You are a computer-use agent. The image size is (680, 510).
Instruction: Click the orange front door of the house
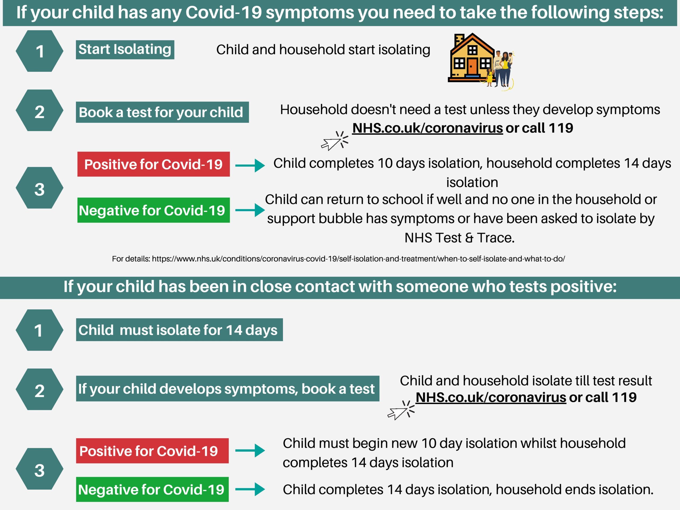point(473,67)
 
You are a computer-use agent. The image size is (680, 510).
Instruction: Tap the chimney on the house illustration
point(459,40)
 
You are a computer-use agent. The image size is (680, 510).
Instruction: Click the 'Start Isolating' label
point(125,49)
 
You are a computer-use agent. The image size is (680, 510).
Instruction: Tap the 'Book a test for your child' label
point(162,112)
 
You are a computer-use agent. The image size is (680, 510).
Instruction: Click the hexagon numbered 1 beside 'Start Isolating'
point(39,51)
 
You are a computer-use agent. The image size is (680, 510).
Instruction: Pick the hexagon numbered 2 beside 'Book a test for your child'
point(39,110)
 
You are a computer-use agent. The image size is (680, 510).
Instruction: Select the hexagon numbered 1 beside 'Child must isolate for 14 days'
point(39,330)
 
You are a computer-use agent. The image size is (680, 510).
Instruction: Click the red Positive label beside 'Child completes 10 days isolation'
point(154,164)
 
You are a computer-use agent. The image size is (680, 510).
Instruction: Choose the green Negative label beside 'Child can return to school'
point(154,210)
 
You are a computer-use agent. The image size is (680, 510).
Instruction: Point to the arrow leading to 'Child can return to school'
point(250,210)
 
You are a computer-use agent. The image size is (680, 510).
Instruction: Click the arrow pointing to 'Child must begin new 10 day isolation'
point(250,451)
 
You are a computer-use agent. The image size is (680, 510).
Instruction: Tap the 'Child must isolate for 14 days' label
point(179,330)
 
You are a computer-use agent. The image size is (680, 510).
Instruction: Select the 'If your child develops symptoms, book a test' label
point(227,389)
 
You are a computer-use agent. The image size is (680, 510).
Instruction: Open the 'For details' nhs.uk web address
point(358,259)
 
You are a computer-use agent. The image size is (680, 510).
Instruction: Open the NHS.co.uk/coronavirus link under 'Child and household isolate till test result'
point(491,397)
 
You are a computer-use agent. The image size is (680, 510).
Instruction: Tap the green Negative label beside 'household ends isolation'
point(152,489)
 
